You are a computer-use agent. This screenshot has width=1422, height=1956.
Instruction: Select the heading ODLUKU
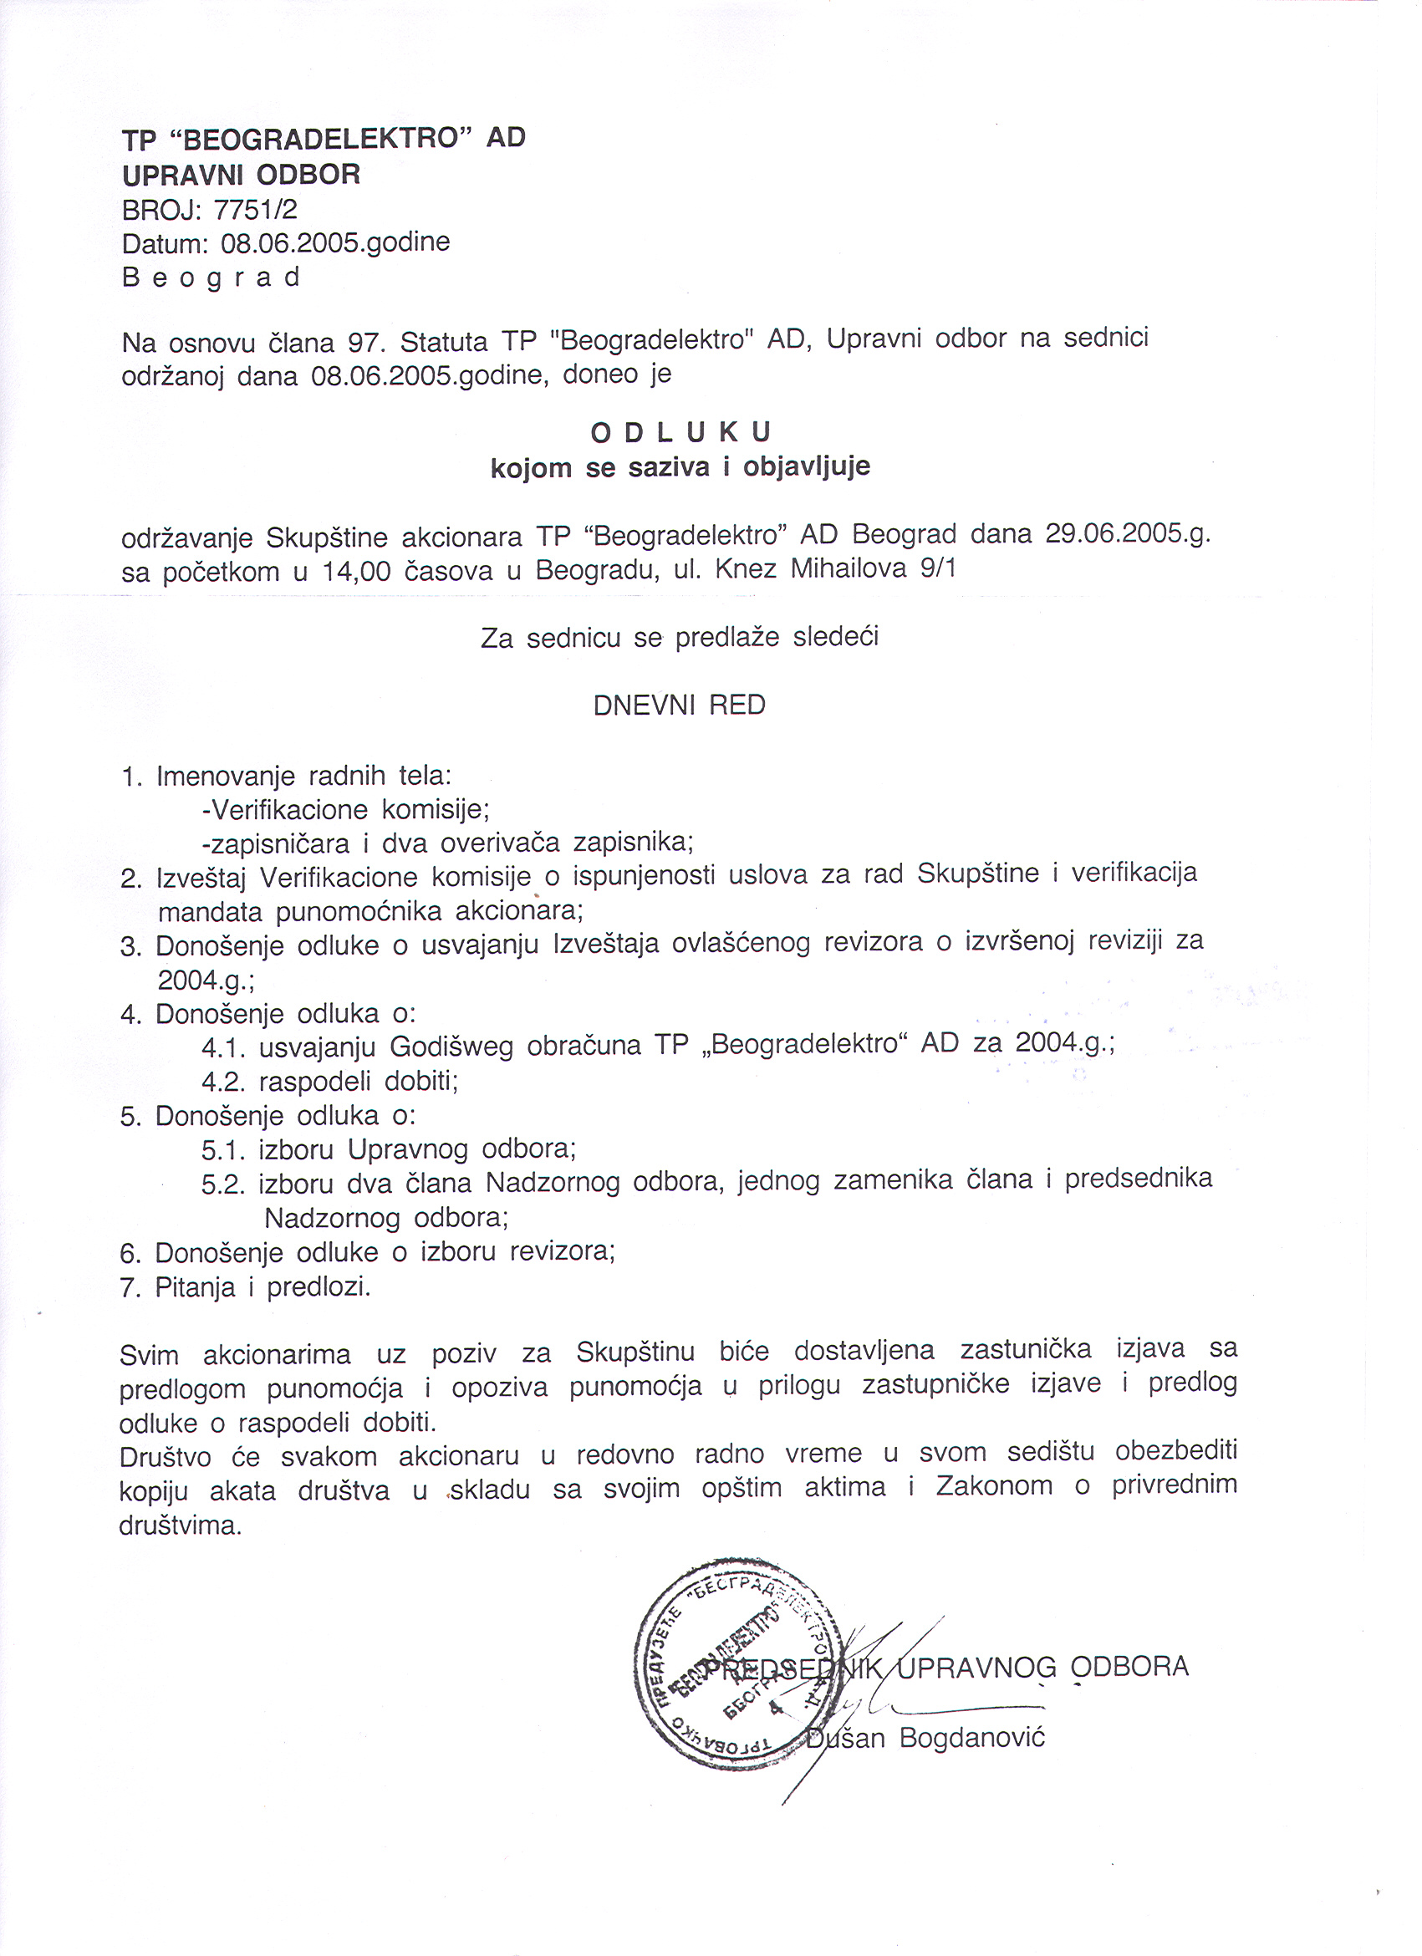coord(680,431)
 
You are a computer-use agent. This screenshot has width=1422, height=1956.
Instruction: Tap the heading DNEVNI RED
coord(680,705)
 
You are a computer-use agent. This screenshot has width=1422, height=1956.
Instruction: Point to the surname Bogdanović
coord(972,1737)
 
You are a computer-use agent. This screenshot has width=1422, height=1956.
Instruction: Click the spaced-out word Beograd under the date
coord(212,278)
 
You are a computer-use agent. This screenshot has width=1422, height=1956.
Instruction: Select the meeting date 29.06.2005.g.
coord(1127,534)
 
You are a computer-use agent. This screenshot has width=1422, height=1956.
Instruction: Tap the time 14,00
coord(356,571)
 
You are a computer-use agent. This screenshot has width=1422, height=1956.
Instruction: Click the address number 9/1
coord(938,568)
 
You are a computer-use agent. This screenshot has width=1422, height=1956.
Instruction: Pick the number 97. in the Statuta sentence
coord(365,343)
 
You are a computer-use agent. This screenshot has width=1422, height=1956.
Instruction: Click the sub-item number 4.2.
coord(225,1082)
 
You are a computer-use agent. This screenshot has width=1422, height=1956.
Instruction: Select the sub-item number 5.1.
coord(225,1150)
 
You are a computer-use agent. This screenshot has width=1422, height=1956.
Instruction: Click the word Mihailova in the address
coord(849,568)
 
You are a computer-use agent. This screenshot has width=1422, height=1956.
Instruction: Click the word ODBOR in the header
coord(308,174)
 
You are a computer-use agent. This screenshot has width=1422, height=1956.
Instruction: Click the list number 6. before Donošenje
coord(131,1253)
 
